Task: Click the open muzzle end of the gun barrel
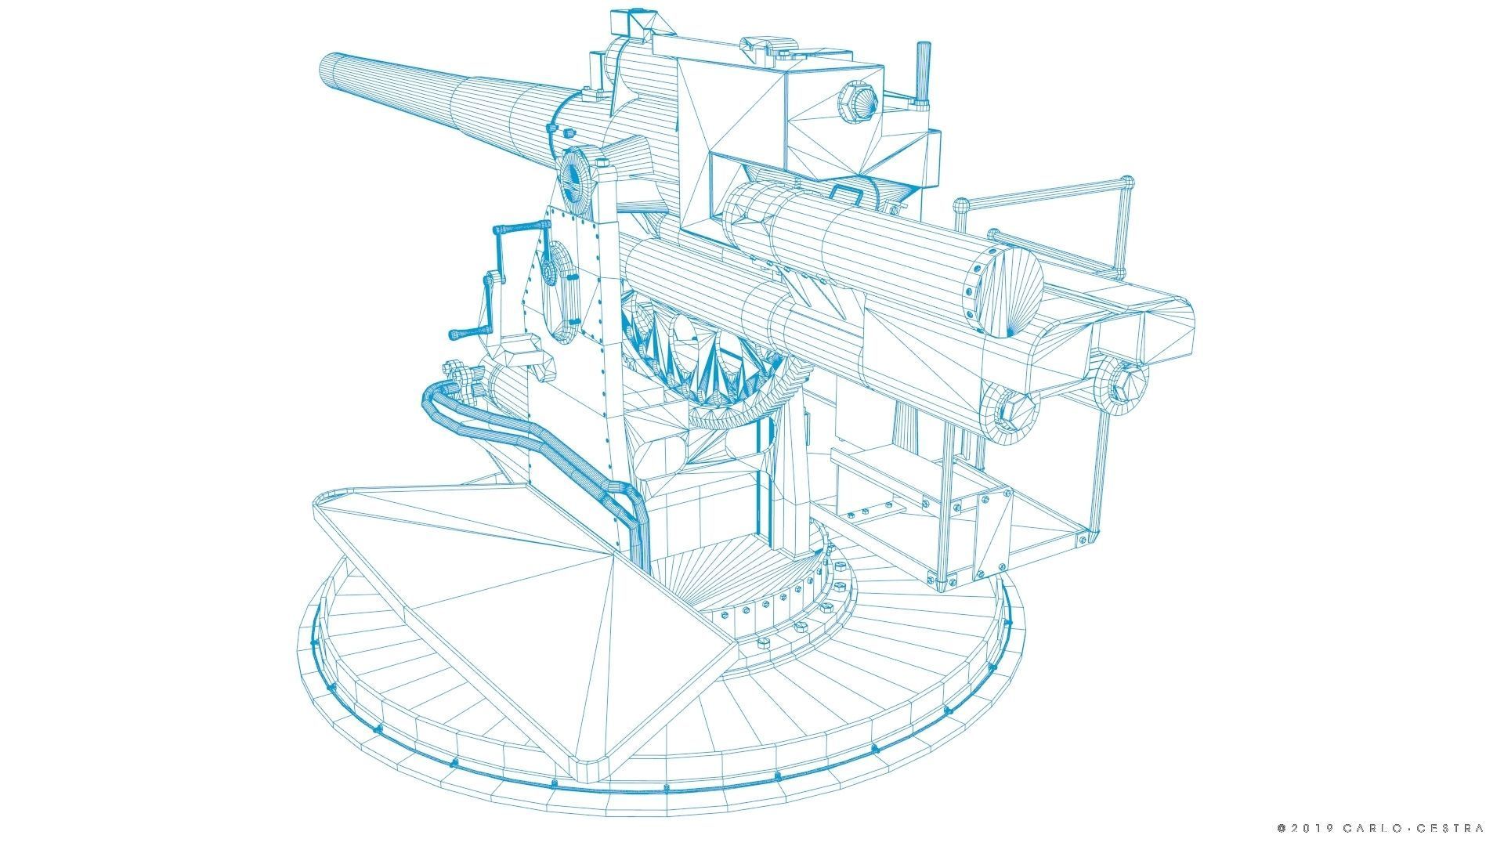point(329,70)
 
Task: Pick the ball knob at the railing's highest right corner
point(1128,182)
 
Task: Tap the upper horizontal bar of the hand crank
point(521,228)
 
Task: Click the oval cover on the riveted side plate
point(561,294)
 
